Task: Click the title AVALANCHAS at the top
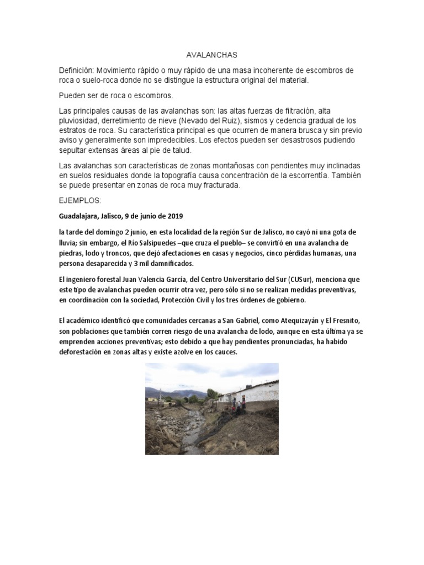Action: pyautogui.click(x=211, y=55)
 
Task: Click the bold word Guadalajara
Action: pyautogui.click(x=81, y=216)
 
